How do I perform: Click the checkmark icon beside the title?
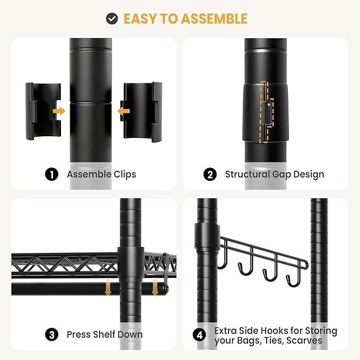(112, 19)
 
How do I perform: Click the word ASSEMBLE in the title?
(214, 19)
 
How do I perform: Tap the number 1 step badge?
(51, 174)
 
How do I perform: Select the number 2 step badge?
(210, 174)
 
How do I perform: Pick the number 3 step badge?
(51, 335)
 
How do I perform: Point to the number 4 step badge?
(199, 335)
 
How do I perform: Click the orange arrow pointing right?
(59, 111)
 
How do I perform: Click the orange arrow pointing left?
(124, 111)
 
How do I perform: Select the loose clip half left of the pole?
(43, 111)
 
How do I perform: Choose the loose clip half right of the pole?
(143, 112)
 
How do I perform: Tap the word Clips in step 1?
(125, 174)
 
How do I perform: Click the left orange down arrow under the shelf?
(108, 286)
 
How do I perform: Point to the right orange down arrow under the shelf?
(155, 286)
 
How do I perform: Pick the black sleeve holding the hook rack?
(207, 236)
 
